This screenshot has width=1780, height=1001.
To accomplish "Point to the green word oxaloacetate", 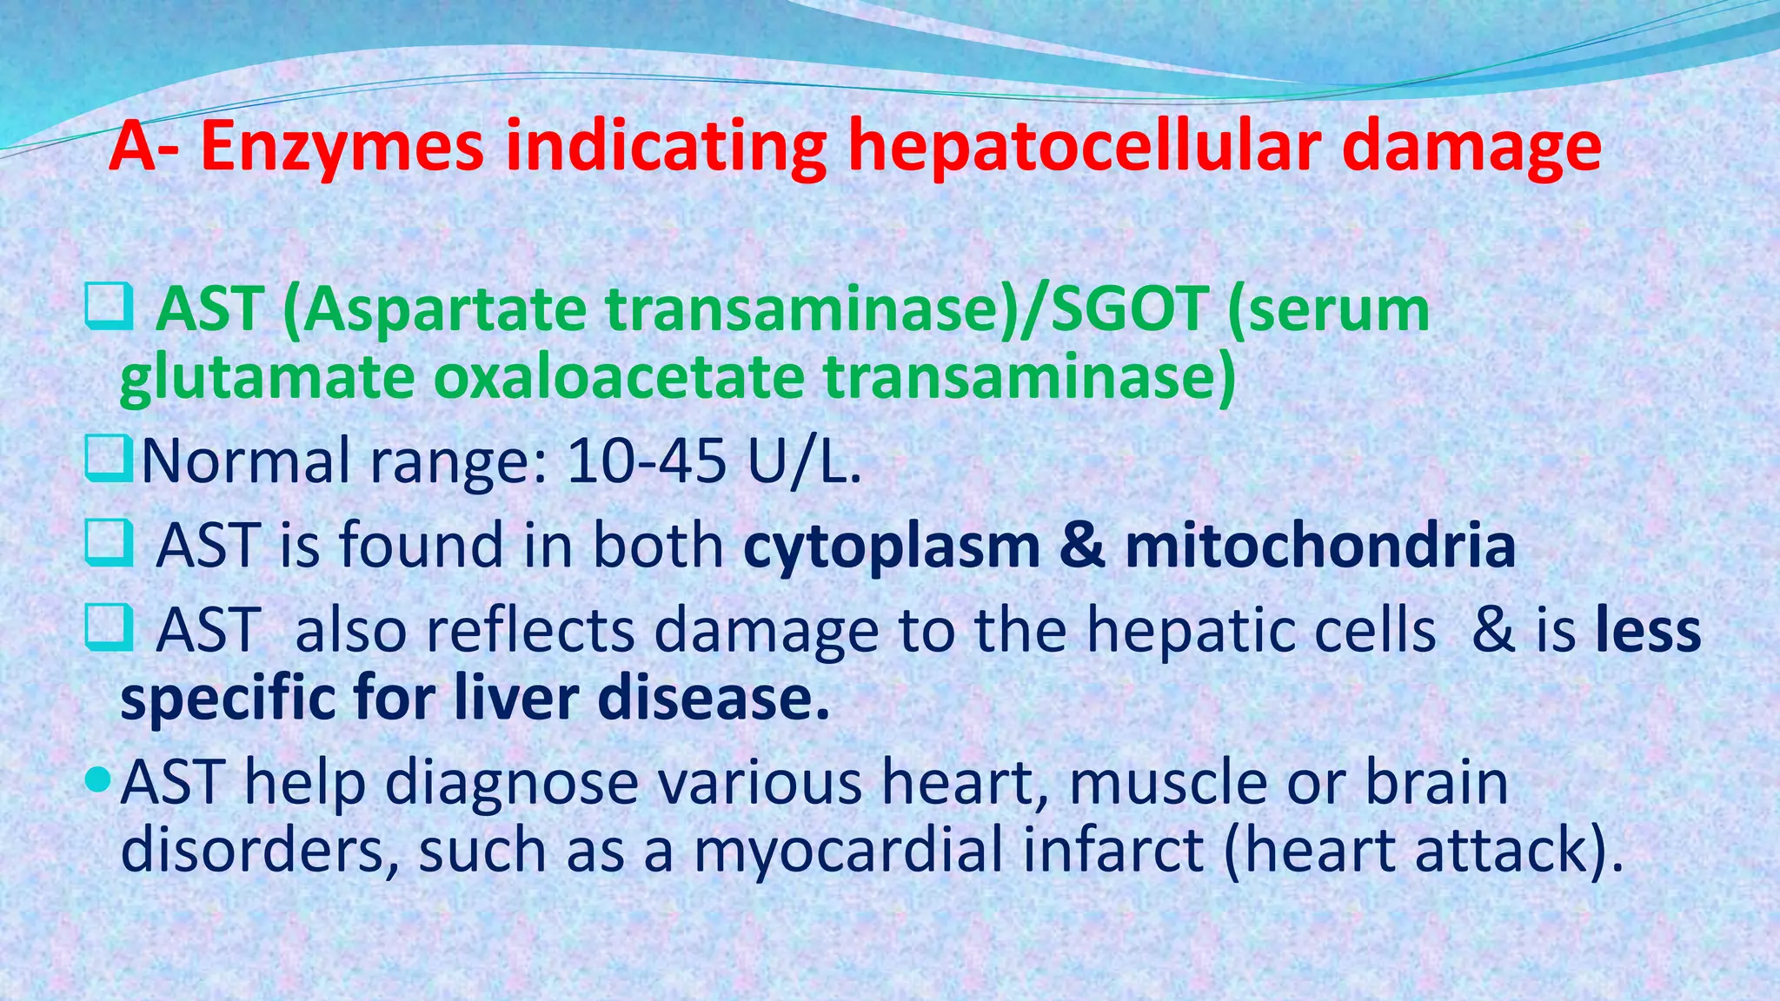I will pos(619,378).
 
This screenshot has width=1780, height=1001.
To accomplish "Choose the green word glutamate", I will pos(266,380).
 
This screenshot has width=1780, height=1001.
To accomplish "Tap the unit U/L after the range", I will pos(803,461).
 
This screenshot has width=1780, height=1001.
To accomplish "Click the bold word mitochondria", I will pos(1320,546).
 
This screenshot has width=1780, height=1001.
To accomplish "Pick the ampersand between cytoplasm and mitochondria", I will pos(1082,547).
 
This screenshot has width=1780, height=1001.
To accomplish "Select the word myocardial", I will pos(848,851).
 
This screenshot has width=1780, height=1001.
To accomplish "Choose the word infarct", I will pos(1112,851).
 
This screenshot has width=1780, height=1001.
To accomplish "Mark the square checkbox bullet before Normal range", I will pos(108,460).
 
